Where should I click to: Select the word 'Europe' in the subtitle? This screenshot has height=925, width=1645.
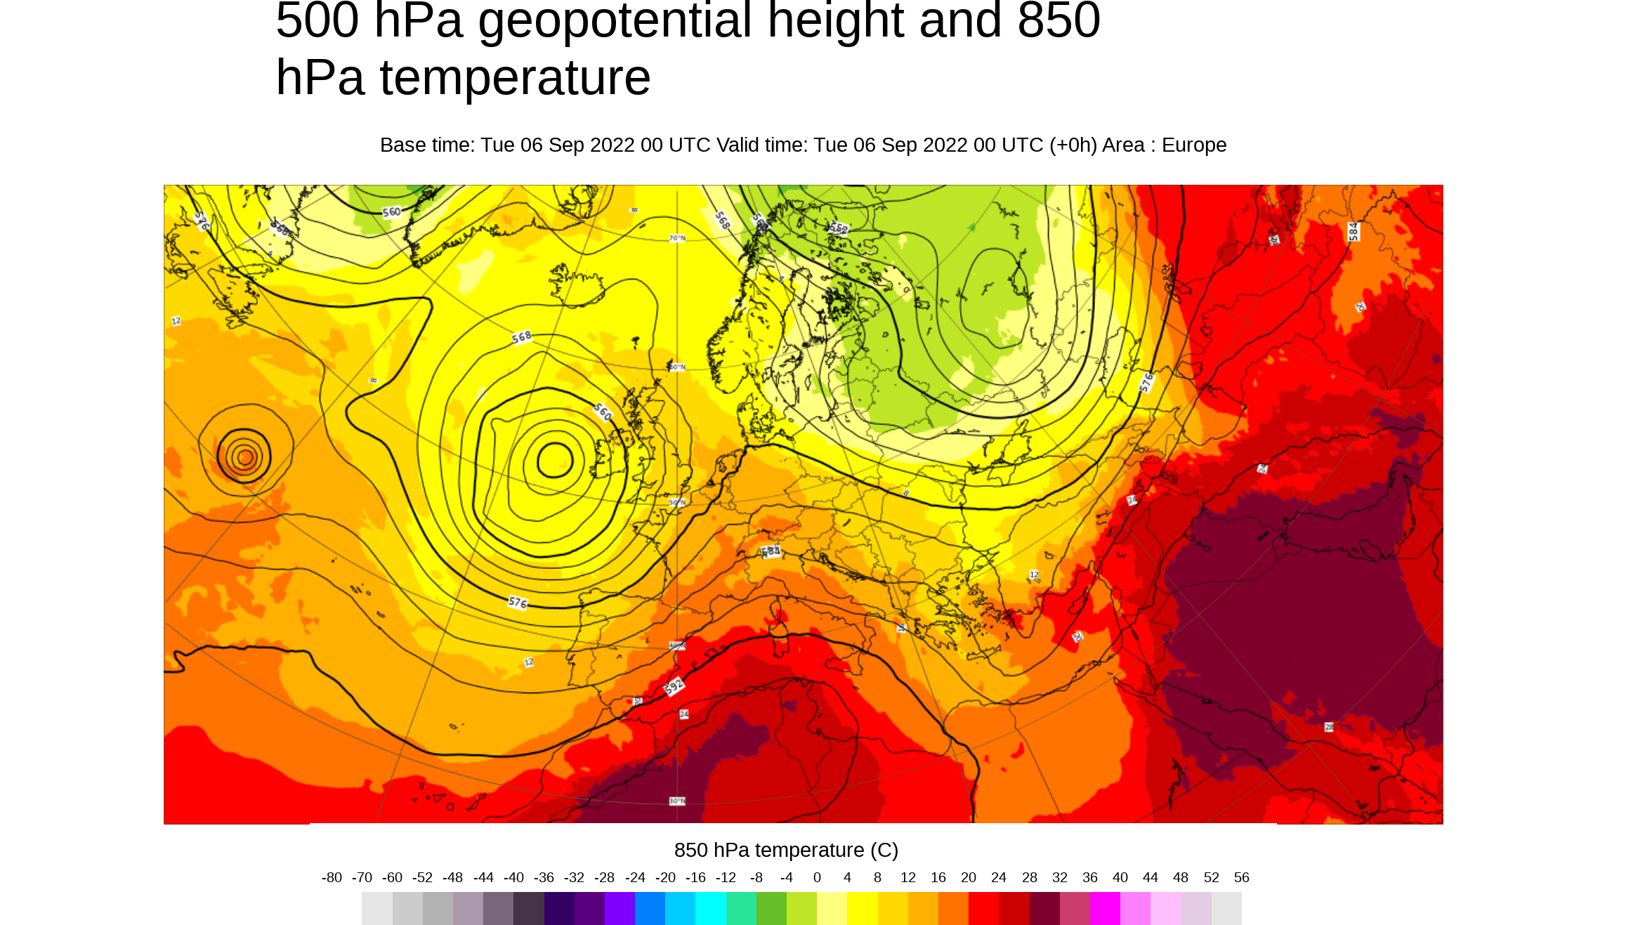1193,145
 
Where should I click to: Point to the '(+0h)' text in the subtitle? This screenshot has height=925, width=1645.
1073,145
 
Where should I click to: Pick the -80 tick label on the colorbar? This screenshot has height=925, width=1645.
332,877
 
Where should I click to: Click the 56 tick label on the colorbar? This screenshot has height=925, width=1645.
1241,877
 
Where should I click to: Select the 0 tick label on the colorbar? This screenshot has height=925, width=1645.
817,877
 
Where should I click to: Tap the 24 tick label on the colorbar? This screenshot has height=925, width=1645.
999,877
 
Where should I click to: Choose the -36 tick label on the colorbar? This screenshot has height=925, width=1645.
544,877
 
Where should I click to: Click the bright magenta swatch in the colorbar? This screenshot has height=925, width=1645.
1105,908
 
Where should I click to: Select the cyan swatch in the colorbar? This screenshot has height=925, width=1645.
710,908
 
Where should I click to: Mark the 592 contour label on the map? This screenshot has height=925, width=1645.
674,685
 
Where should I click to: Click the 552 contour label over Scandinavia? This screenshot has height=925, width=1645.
839,228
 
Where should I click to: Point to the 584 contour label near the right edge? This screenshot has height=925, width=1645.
1354,231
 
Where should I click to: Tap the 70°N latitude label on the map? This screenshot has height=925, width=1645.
677,238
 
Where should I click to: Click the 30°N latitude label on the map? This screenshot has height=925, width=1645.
677,801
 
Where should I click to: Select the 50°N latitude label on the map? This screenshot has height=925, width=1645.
677,502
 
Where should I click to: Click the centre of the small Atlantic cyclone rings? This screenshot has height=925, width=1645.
244,457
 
